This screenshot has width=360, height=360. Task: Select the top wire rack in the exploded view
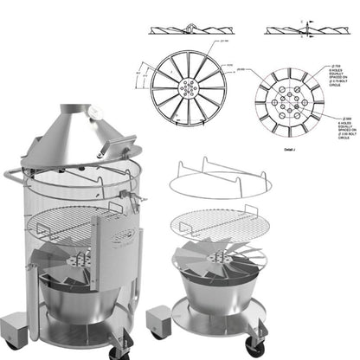click(x=220, y=181)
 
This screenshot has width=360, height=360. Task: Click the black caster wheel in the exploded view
click(x=254, y=345)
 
